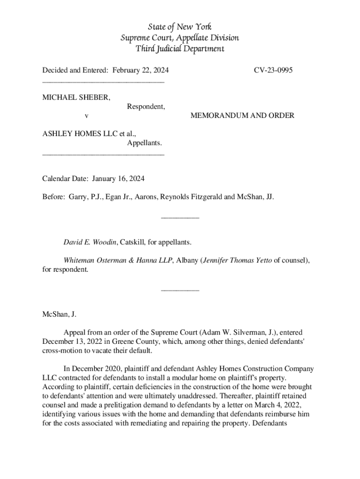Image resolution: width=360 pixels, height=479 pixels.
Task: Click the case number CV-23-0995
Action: click(274, 70)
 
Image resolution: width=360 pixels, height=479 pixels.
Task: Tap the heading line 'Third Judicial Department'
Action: click(180, 49)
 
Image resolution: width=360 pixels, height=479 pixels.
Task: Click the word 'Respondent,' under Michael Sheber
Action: click(146, 106)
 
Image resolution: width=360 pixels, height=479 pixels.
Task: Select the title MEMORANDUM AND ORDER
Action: click(242, 115)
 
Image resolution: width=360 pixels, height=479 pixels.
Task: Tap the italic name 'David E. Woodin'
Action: click(90, 242)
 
